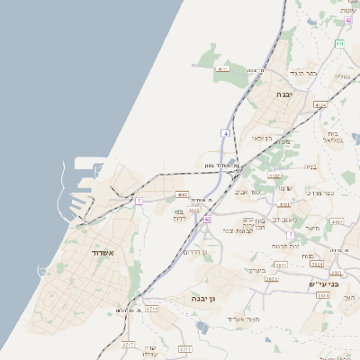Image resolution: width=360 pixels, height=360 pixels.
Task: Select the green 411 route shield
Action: (x=339, y=43)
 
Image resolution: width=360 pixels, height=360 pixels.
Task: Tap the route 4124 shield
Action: (x=319, y=105)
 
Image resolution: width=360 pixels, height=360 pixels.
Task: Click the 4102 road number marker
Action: (x=274, y=176)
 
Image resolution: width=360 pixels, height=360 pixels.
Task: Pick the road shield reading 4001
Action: (x=182, y=193)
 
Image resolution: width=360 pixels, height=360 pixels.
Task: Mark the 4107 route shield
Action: (x=337, y=221)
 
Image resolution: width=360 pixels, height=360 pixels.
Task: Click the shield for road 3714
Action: (x=152, y=309)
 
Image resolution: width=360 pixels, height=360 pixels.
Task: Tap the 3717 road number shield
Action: (x=129, y=344)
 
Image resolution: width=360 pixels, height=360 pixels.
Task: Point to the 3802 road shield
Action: (x=271, y=279)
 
